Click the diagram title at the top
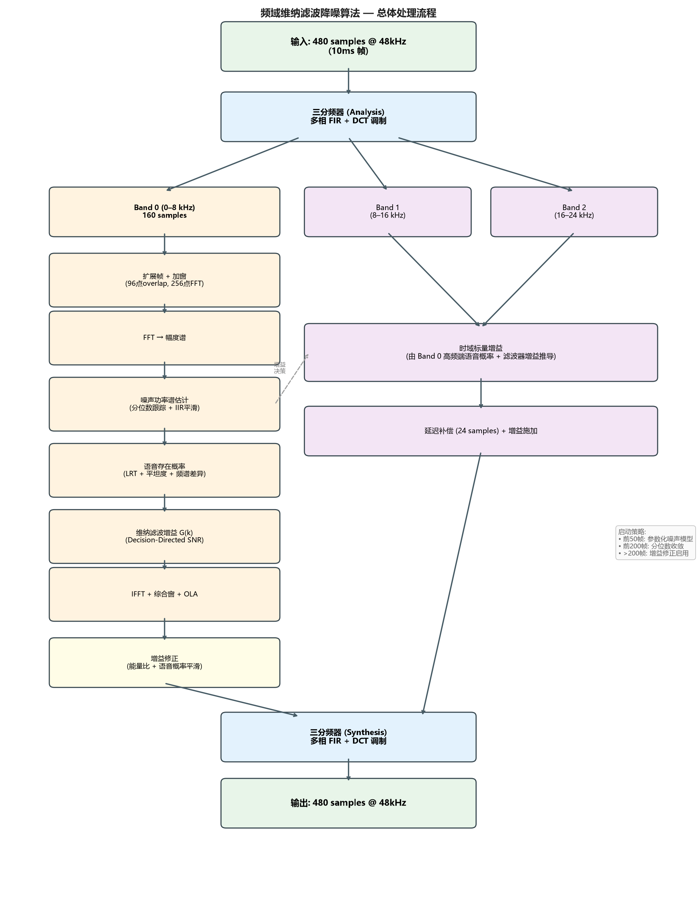point(348,13)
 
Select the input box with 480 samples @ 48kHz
point(348,46)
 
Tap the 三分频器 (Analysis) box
point(348,116)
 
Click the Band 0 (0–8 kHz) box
point(164,212)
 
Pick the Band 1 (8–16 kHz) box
point(387,212)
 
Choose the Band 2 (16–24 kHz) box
point(574,212)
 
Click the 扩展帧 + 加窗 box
point(164,280)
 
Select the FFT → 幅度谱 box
point(164,338)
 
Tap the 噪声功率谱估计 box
point(164,404)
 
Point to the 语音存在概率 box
point(164,470)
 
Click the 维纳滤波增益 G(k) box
point(164,536)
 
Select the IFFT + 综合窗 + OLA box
point(164,594)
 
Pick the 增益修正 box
point(164,662)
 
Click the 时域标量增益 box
point(480,352)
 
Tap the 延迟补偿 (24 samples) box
point(480,431)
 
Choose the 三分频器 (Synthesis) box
point(348,737)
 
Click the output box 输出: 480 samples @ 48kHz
point(348,803)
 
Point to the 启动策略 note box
point(655,542)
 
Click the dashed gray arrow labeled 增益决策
point(292,379)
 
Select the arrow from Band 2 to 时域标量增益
point(527,280)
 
